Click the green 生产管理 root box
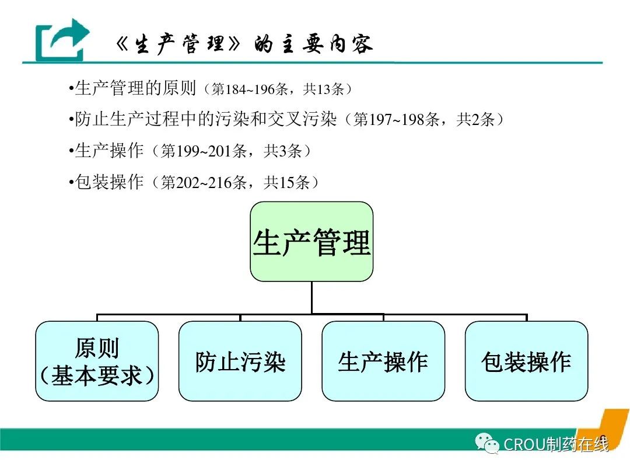pos(311,241)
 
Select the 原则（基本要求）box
pos(97,361)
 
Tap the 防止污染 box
pos(240,361)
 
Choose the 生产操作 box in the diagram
pos(383,361)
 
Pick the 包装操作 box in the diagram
pos(526,361)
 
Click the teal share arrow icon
pos(62,40)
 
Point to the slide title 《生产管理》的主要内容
pos(244,44)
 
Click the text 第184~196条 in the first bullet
pos(249,89)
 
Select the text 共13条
pos(323,89)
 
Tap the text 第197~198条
pos(395,120)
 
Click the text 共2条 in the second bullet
pos(475,120)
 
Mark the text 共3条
pos(282,151)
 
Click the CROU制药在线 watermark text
pos(556,444)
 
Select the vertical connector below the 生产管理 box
pos(311,298)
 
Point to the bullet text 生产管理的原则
pos(135,88)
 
